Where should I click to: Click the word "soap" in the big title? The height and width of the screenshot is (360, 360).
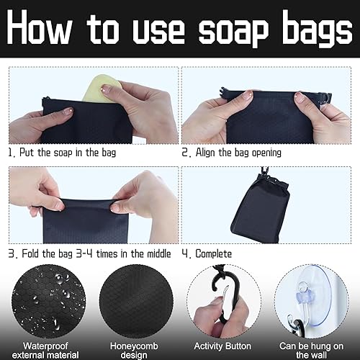[x=233, y=30]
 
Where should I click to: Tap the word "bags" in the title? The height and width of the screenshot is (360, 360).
[x=317, y=28]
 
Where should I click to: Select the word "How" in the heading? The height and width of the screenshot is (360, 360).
[x=39, y=27]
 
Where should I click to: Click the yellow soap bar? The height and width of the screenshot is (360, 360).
[x=102, y=88]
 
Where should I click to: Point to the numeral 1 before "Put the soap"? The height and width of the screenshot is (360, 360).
[x=10, y=153]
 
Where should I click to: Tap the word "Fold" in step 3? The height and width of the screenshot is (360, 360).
[x=31, y=253]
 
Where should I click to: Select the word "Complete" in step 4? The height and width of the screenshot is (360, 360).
[x=214, y=254]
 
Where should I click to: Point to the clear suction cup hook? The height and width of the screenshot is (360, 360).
[x=310, y=300]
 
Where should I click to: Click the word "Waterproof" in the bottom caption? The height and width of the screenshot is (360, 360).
[x=45, y=346]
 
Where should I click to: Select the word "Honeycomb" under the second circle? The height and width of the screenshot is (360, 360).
[x=134, y=346]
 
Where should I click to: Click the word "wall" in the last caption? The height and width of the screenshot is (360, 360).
[x=318, y=355]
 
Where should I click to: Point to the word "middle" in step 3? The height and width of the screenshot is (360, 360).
[x=158, y=253]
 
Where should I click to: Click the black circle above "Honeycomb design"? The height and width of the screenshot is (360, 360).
[x=136, y=301]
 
